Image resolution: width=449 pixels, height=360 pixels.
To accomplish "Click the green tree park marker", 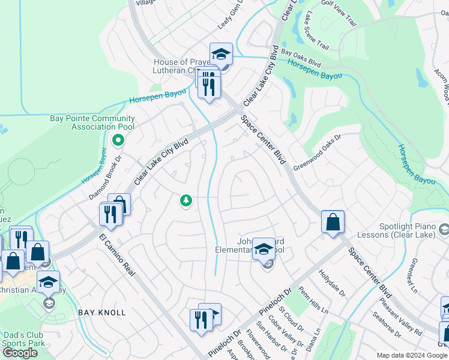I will (186, 200).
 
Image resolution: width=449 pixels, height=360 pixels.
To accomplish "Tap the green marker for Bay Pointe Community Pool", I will (118, 140).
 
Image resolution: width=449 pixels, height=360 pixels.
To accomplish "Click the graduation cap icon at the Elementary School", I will (264, 248).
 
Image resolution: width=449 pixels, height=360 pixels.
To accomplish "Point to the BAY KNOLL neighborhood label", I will (102, 313).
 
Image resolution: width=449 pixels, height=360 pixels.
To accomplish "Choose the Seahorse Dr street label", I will (387, 323).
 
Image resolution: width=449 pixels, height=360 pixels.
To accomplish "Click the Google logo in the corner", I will (20, 353).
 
